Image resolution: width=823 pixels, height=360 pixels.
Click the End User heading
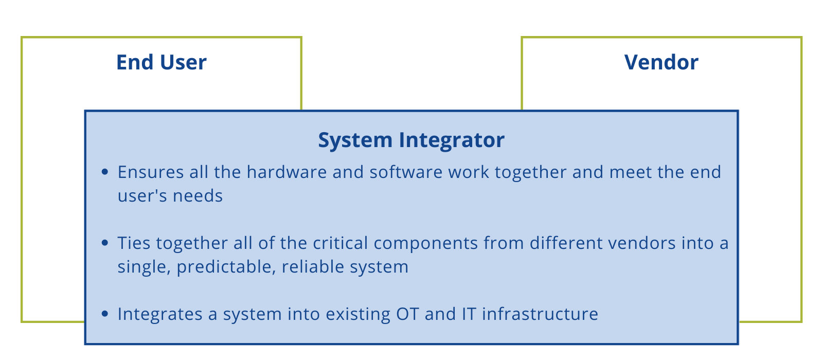pos(161,62)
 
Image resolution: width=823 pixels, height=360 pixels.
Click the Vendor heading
pos(661,62)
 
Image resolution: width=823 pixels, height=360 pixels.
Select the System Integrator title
pos(411,140)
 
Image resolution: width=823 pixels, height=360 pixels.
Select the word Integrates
pos(159,314)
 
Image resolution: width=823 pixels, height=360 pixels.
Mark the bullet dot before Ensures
pos(105,172)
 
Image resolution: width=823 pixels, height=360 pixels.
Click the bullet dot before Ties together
pos(105,243)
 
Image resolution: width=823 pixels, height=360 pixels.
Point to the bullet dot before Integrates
pos(105,314)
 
